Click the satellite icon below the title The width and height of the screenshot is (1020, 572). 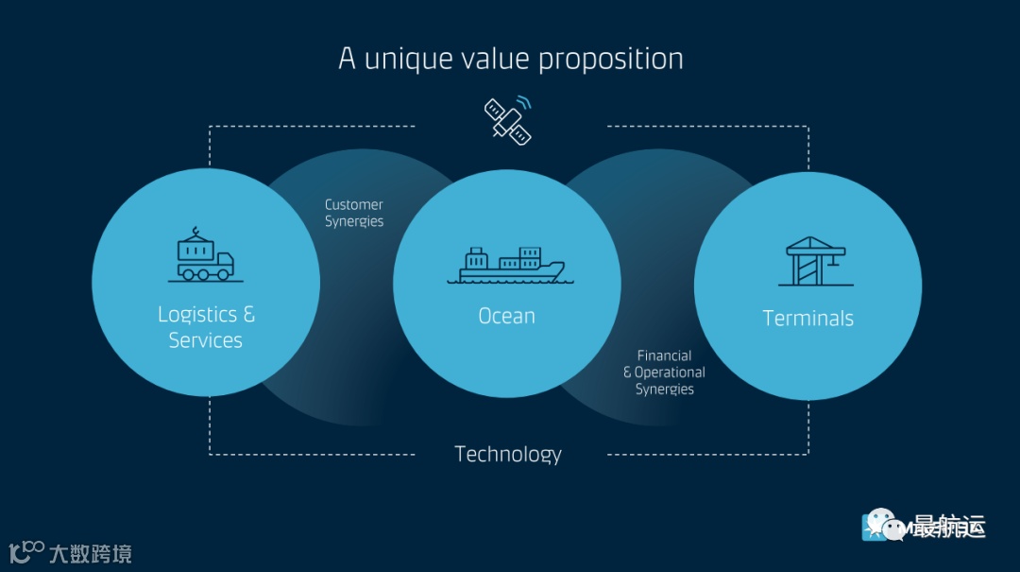(506, 120)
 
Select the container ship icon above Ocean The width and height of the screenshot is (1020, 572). (506, 266)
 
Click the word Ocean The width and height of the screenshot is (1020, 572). (506, 316)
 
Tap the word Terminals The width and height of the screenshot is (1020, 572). (807, 319)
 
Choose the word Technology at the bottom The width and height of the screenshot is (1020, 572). (508, 455)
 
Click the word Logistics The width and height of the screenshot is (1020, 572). (196, 314)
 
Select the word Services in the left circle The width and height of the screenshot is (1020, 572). (205, 340)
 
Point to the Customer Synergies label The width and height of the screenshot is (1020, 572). (354, 213)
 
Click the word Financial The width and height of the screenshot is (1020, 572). (664, 355)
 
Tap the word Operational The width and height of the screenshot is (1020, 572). (670, 373)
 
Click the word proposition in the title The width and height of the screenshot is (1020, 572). (611, 60)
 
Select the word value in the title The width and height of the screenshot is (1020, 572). (497, 59)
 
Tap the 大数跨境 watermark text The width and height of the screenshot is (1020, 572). (90, 553)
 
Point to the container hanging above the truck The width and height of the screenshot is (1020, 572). (197, 249)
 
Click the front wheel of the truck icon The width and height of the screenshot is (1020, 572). (223, 274)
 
